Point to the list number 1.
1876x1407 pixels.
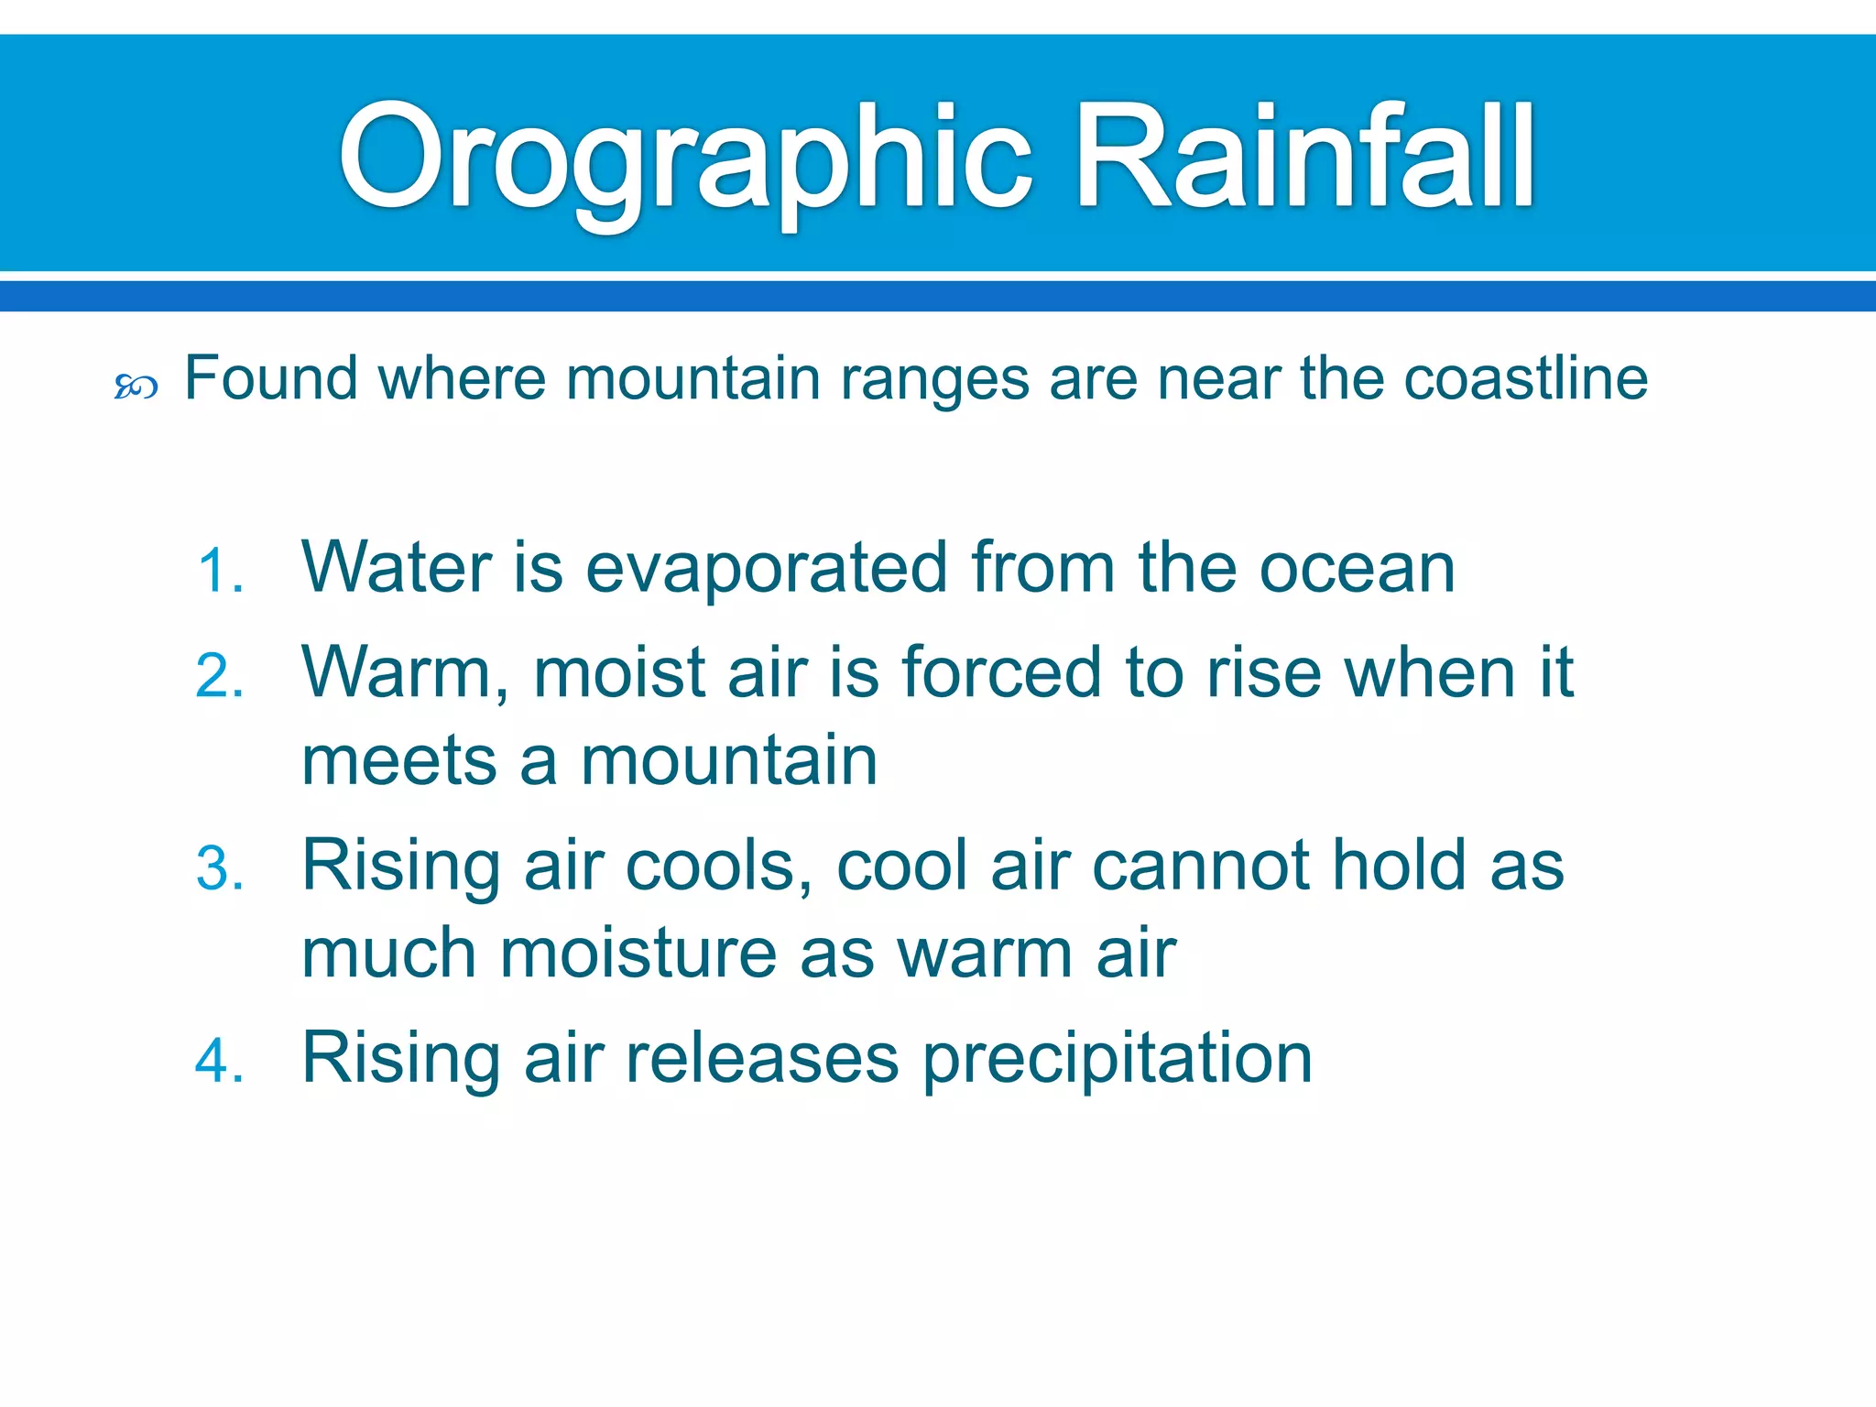point(220,573)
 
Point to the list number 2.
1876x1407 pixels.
point(220,677)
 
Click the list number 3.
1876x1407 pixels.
point(220,869)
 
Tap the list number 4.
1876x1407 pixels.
point(220,1062)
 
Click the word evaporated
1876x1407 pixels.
point(766,570)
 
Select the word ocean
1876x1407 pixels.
point(1357,570)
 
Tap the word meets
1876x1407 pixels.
point(399,761)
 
